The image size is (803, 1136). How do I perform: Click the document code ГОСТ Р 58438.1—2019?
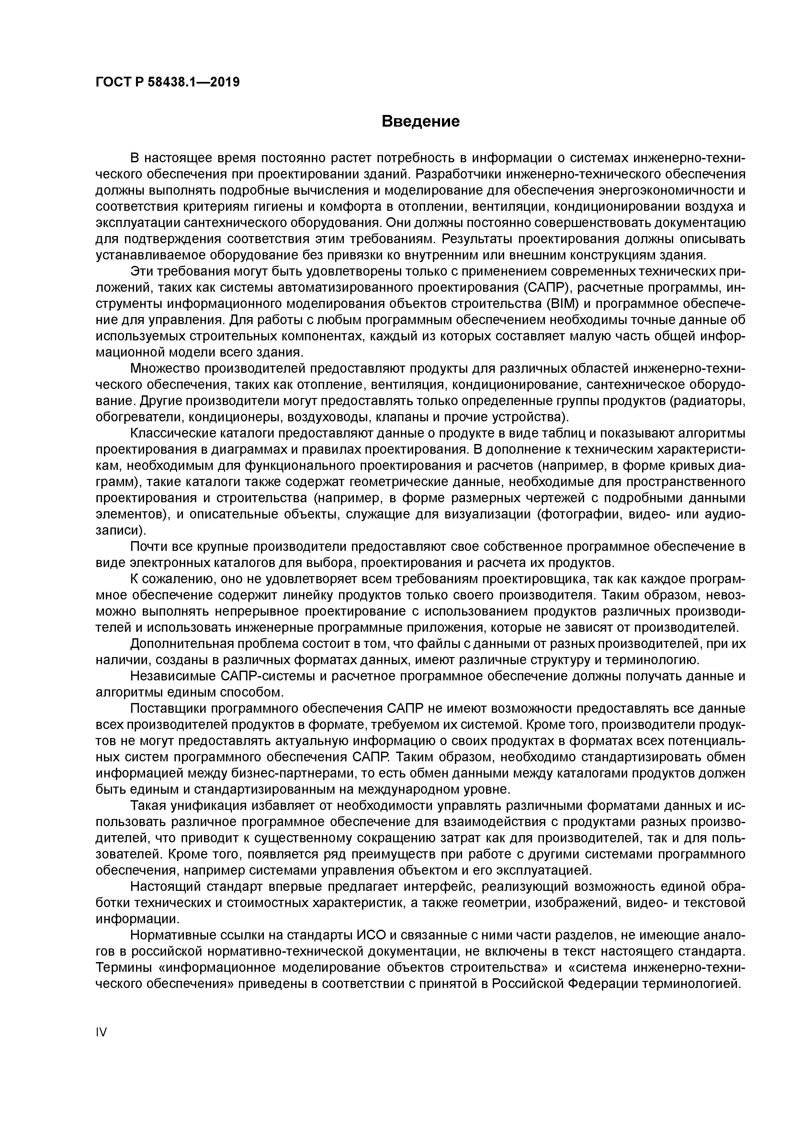tap(167, 82)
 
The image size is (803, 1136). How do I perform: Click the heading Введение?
tap(421, 121)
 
